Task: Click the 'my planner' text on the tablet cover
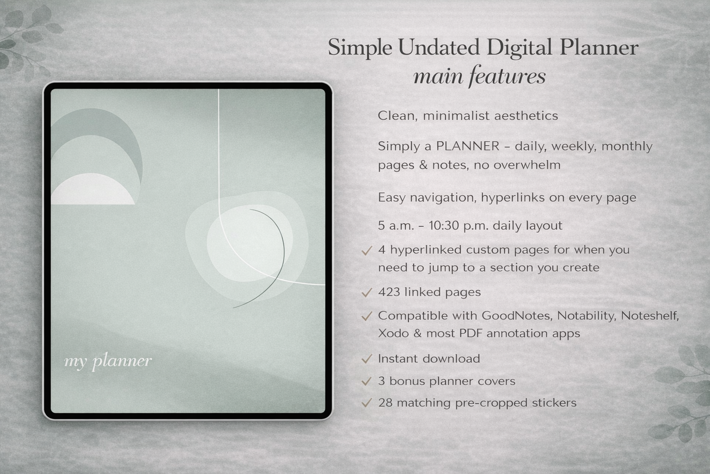point(108,361)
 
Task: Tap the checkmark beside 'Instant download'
point(367,359)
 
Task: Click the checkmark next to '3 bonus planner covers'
point(367,381)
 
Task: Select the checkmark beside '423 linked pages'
point(367,293)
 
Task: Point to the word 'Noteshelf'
point(649,316)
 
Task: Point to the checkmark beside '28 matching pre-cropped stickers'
point(367,403)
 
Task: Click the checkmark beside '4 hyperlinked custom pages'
point(367,250)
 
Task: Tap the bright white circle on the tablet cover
point(250,245)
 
